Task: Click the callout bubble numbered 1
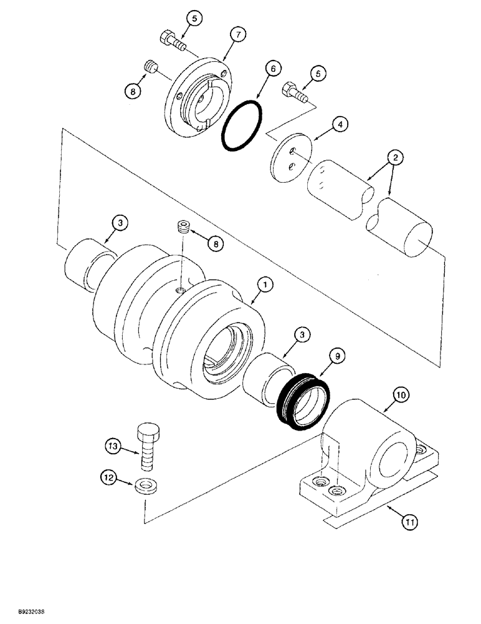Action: click(x=265, y=285)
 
